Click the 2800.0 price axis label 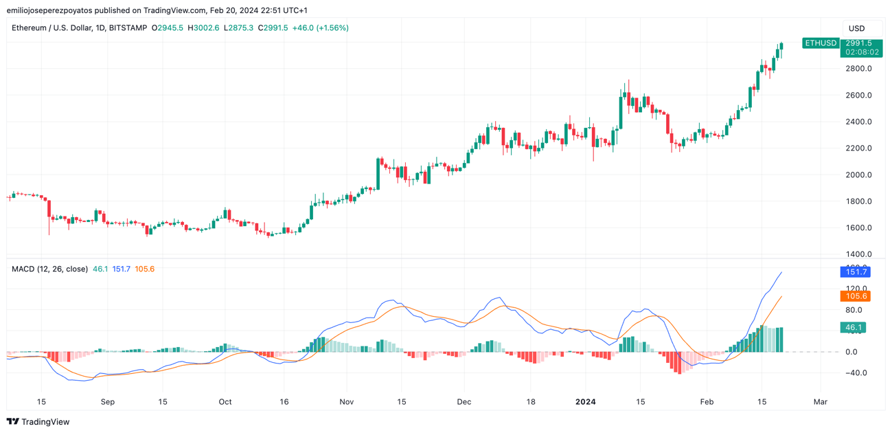point(858,69)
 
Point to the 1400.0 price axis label point(858,254)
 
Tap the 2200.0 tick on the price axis point(858,148)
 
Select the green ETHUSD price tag point(821,43)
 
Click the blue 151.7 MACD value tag point(855,272)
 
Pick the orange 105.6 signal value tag point(855,296)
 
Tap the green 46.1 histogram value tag point(853,328)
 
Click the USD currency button point(856,28)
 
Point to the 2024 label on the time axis point(586,402)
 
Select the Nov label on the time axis point(346,402)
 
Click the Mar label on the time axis point(820,402)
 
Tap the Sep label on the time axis point(107,402)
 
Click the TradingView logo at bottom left point(38,422)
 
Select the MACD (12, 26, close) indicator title point(49,269)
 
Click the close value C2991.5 point(273,28)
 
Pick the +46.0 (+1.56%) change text point(320,28)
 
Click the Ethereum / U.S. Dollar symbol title point(79,28)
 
